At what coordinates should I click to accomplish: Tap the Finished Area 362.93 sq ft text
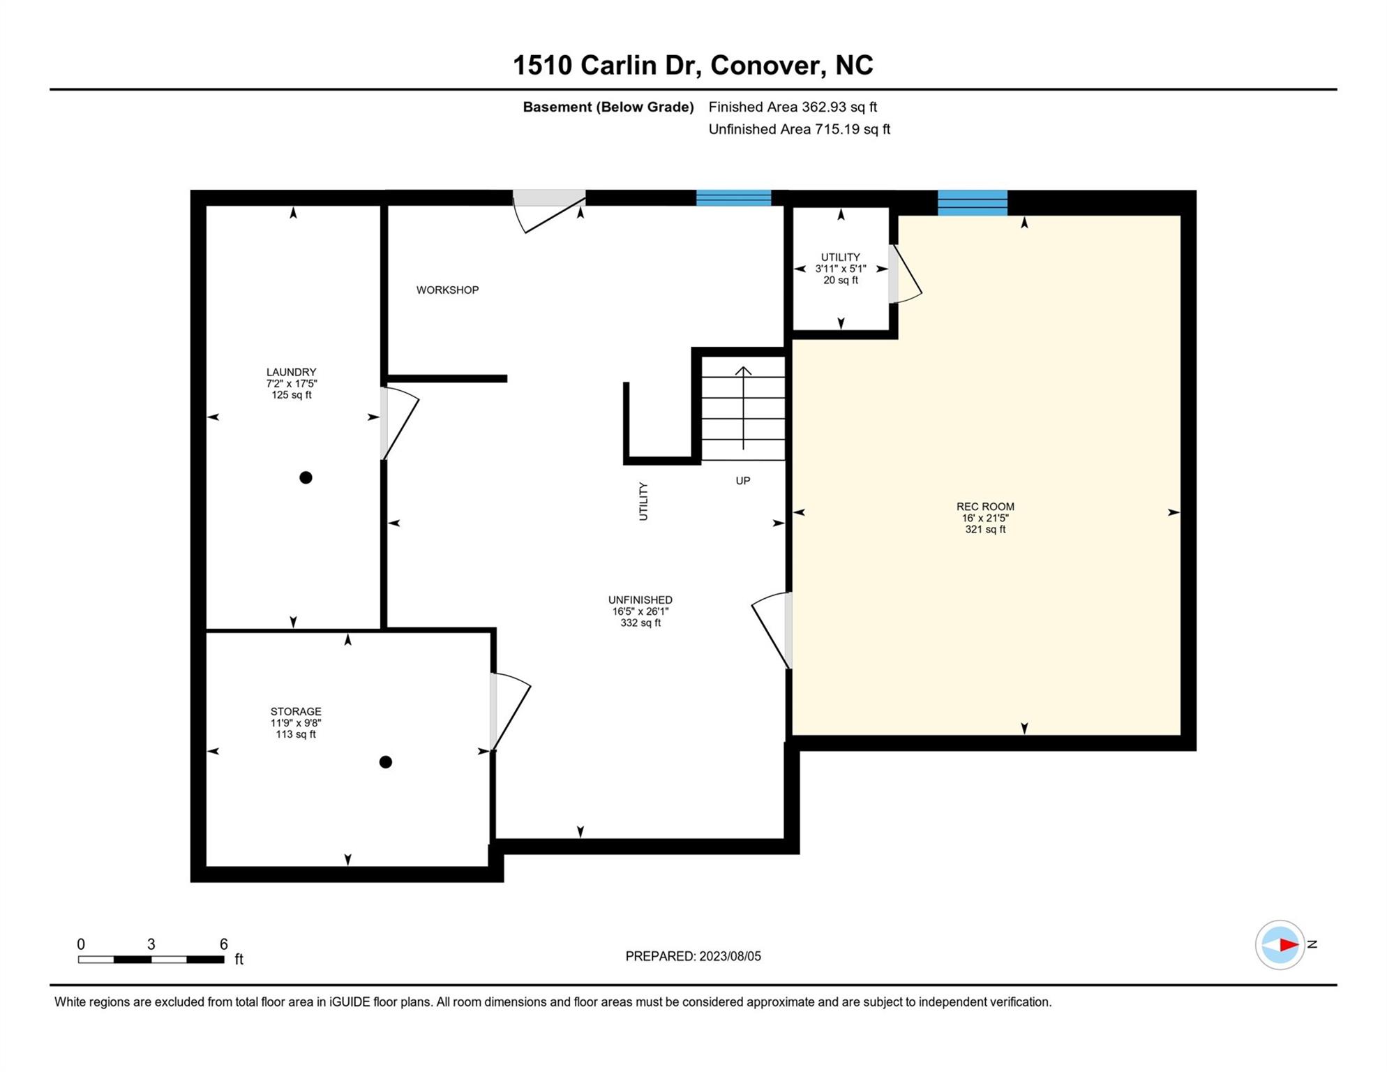point(793,107)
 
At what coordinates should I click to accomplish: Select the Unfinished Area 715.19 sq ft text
point(799,129)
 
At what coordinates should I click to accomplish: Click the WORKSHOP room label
point(447,290)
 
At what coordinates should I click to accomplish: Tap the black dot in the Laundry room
point(306,478)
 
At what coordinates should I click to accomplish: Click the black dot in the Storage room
point(385,762)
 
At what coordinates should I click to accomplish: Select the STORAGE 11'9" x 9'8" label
point(296,722)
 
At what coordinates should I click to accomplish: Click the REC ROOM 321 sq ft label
point(985,518)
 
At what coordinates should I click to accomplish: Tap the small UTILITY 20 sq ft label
point(840,269)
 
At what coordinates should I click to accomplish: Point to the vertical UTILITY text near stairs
point(643,501)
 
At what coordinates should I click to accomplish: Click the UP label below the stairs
point(742,481)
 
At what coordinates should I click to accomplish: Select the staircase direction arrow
point(743,408)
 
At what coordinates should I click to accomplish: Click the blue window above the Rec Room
point(972,202)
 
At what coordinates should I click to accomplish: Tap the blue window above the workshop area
point(733,198)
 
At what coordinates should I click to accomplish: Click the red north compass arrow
point(1288,945)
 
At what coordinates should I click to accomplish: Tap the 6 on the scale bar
point(223,944)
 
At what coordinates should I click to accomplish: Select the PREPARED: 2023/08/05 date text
point(693,956)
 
